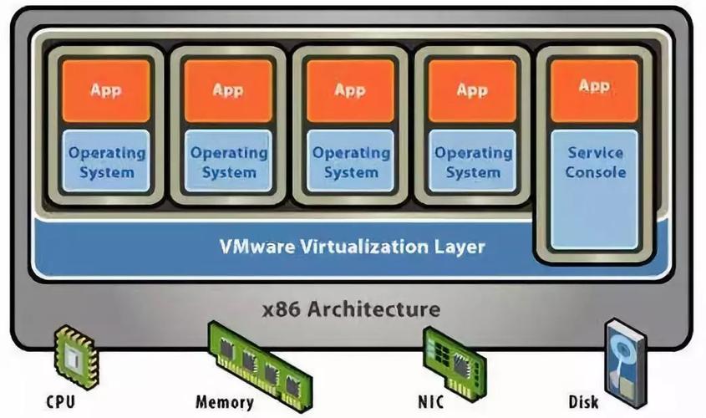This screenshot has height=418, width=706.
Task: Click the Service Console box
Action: tap(595, 189)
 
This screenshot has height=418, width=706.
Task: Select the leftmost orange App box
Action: tap(106, 90)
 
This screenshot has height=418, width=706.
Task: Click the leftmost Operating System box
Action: tap(106, 162)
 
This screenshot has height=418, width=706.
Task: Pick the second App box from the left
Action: tap(228, 90)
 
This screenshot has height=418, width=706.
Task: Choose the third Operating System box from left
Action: tap(351, 162)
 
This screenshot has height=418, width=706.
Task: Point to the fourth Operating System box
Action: tap(473, 162)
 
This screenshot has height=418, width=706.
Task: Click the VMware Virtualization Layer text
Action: tap(352, 247)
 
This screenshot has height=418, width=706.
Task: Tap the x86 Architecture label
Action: tap(350, 309)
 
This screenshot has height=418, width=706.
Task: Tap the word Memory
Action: tap(225, 402)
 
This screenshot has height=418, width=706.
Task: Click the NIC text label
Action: tap(434, 402)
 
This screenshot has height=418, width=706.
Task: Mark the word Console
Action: tap(595, 172)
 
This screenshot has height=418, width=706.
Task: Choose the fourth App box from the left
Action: tap(473, 90)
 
